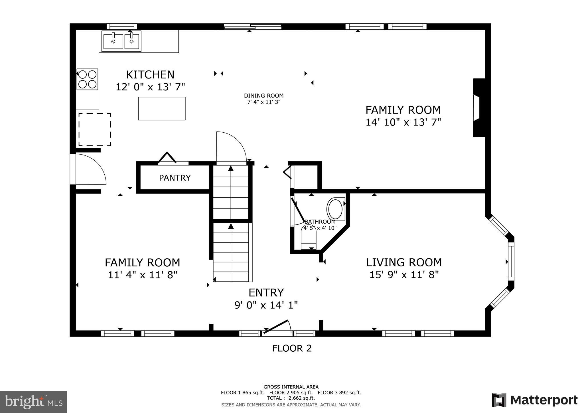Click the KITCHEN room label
(x=150, y=75)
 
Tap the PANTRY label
(x=175, y=178)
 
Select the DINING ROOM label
(x=263, y=96)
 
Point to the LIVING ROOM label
(x=404, y=262)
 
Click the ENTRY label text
(x=266, y=293)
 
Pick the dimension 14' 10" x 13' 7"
(x=403, y=122)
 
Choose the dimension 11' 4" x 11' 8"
(x=143, y=275)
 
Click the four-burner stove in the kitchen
(x=87, y=79)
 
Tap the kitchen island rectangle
(x=162, y=108)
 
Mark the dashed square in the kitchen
(x=95, y=129)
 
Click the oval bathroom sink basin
(x=336, y=209)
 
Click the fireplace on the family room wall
(x=478, y=108)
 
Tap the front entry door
(x=276, y=327)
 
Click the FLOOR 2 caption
(x=292, y=348)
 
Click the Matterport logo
(x=534, y=400)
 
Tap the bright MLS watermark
(x=33, y=402)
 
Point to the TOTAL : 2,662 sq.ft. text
(x=291, y=398)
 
